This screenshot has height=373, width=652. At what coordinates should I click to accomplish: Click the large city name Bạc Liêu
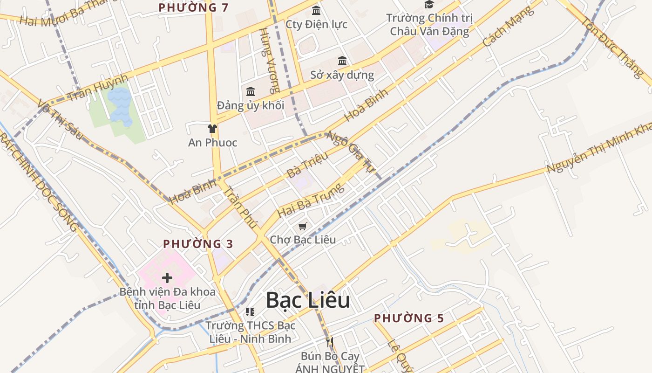click(x=308, y=301)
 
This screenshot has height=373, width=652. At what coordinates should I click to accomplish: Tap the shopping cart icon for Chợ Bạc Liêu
click(x=303, y=227)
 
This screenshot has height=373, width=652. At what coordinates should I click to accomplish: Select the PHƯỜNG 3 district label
click(x=198, y=244)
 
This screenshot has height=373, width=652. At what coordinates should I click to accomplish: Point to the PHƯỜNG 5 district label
click(x=409, y=318)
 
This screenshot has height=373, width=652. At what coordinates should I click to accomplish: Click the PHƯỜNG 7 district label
click(x=194, y=7)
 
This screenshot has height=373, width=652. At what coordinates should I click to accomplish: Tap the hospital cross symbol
click(x=167, y=278)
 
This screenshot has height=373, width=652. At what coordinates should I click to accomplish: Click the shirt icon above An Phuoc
click(x=212, y=129)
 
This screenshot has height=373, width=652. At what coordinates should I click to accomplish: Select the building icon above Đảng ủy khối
click(x=251, y=91)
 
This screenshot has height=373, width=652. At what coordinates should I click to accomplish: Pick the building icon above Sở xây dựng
click(x=342, y=61)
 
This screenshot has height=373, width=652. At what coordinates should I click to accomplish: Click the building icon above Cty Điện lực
click(x=316, y=10)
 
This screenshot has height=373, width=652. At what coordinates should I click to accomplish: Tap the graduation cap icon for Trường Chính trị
click(x=429, y=5)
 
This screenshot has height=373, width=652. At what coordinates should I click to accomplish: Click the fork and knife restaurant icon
click(x=330, y=342)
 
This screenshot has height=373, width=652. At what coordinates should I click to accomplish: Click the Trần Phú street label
click(x=240, y=207)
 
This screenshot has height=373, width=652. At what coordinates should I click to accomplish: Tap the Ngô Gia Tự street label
click(x=351, y=152)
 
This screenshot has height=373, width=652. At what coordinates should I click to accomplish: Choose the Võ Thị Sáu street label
click(x=60, y=119)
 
